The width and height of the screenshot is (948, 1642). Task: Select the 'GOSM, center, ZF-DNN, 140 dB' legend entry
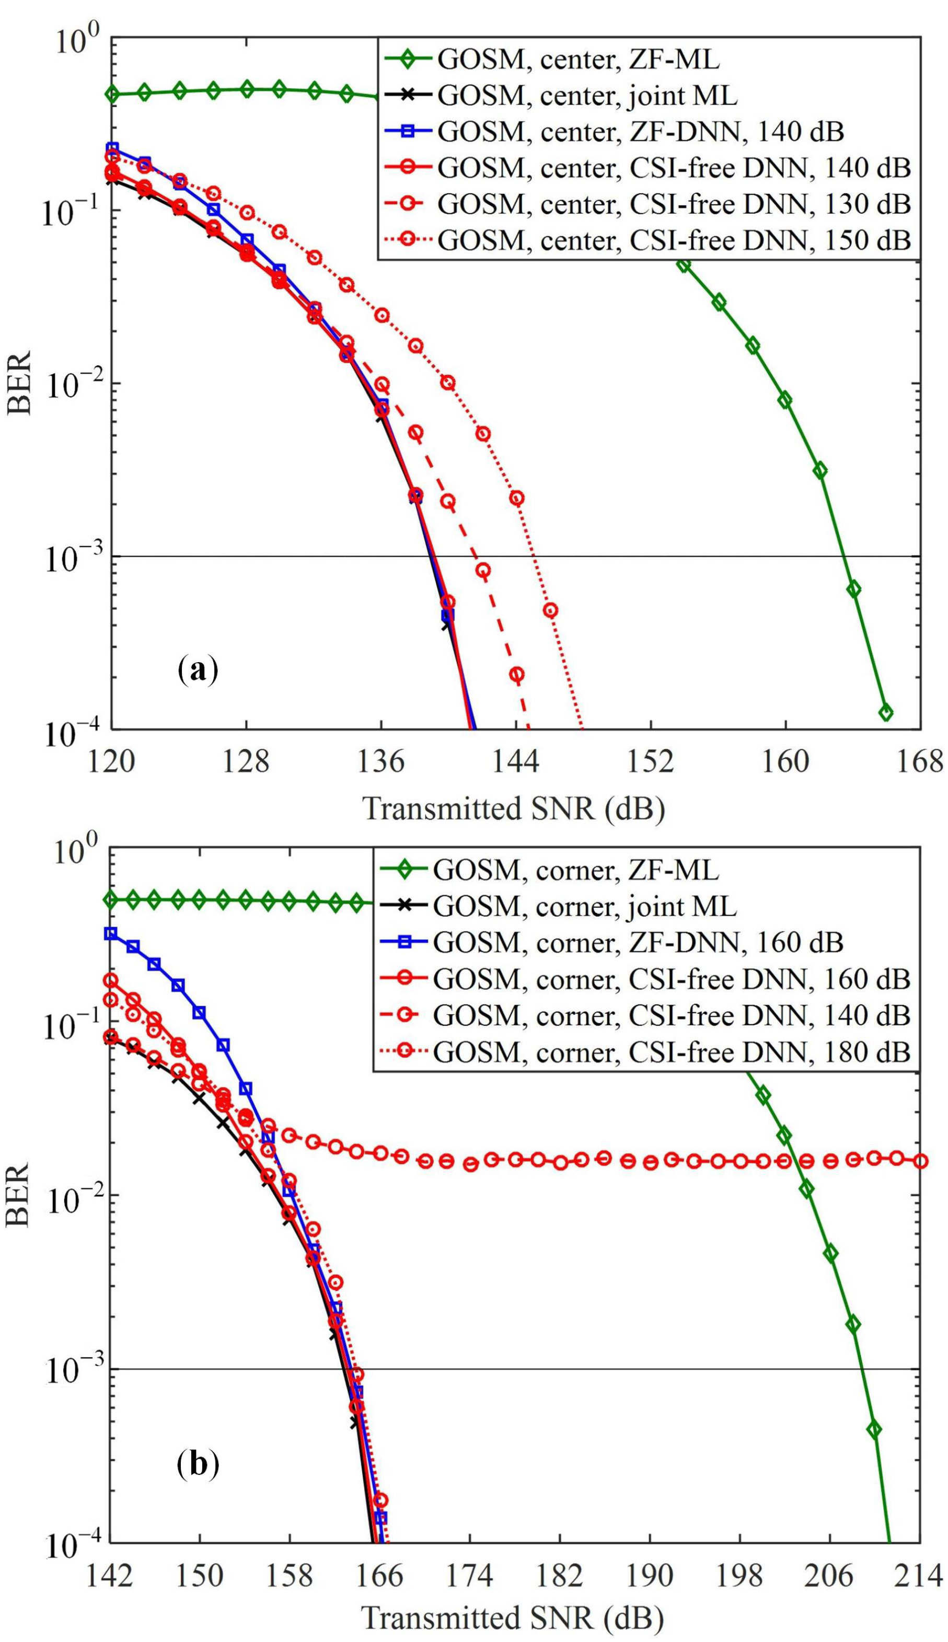click(x=641, y=132)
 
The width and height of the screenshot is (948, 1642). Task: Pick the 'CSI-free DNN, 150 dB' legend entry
click(x=674, y=240)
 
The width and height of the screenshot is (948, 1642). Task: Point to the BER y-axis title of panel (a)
click(x=19, y=384)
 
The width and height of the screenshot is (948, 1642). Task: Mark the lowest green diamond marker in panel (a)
click(x=885, y=713)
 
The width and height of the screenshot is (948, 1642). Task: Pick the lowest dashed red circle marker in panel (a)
click(x=517, y=674)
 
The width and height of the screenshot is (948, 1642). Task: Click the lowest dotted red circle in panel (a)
click(x=551, y=610)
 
